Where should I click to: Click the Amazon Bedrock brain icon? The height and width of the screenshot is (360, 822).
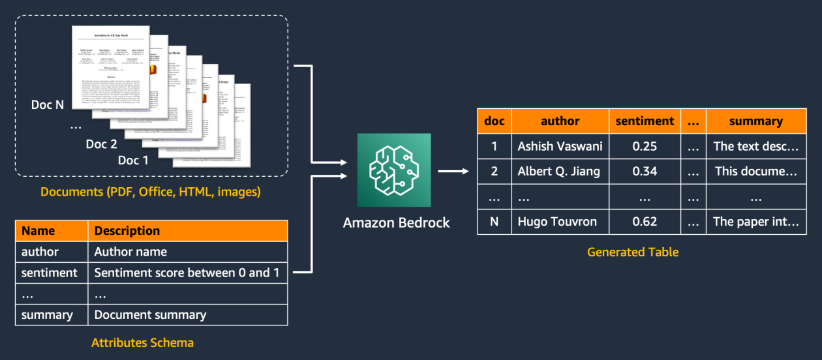[x=394, y=170]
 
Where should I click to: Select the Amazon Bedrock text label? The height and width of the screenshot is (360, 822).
[x=397, y=222]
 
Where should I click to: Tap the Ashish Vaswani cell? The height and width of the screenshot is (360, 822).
[x=560, y=146]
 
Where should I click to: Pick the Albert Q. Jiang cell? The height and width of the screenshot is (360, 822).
[x=560, y=172]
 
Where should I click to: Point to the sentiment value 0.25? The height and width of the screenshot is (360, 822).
[x=645, y=146]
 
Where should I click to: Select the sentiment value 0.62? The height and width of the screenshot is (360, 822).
[x=645, y=221]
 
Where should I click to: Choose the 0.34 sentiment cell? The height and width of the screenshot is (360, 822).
[x=645, y=172]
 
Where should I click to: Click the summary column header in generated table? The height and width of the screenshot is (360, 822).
[x=756, y=121]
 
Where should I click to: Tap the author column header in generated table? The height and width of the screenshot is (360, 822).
[x=560, y=121]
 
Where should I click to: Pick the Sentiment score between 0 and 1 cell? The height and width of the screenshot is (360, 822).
[x=187, y=273]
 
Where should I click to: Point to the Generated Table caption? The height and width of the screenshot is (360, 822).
[x=633, y=252]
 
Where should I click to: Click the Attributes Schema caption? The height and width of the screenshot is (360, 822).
[x=142, y=342]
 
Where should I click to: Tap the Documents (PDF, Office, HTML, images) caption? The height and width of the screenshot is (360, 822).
[x=151, y=192]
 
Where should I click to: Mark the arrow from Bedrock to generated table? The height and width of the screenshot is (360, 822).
[x=453, y=172]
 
